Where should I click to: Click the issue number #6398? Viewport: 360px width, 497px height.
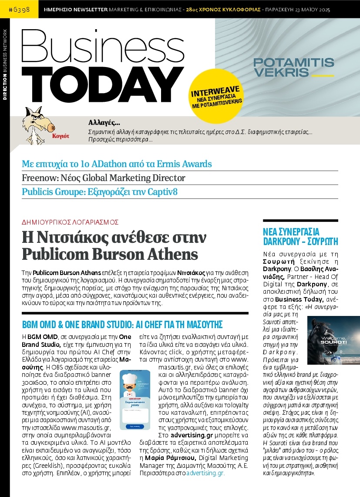click(x=19, y=9)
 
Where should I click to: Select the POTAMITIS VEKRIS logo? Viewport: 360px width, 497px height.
click(x=293, y=67)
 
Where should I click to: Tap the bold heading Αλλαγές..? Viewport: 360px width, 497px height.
click(x=104, y=122)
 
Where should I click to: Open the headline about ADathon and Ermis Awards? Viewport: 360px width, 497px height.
click(x=117, y=164)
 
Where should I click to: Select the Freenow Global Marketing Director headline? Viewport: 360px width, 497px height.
click(x=104, y=178)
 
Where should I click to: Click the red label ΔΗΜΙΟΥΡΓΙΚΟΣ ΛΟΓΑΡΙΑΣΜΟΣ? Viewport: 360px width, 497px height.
click(x=70, y=222)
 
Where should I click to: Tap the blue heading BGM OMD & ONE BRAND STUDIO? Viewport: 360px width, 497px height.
click(x=122, y=325)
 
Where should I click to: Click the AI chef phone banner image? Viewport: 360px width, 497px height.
click(x=135, y=400)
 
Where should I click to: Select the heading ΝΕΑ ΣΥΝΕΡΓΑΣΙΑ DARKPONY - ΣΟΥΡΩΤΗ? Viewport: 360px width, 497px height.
click(x=300, y=236)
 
